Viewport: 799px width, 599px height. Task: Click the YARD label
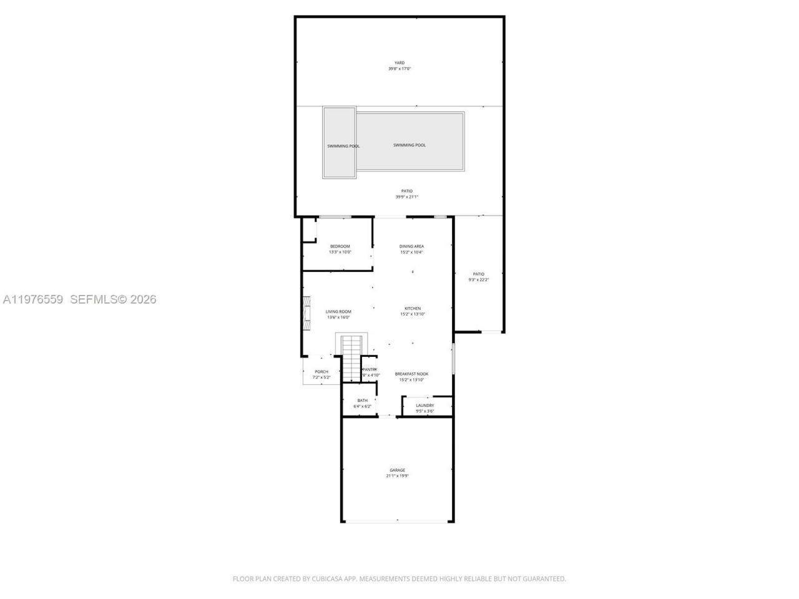[x=399, y=62]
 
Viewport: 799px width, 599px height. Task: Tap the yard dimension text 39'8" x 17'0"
[x=399, y=69]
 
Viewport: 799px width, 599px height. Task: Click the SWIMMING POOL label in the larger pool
[x=409, y=145]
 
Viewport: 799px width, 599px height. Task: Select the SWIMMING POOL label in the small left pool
[x=343, y=146]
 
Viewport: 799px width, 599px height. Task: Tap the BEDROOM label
[x=340, y=246]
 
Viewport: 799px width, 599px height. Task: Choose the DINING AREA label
[x=411, y=246]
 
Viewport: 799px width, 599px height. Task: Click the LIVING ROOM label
[x=339, y=311]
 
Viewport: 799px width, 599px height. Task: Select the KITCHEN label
[x=413, y=308]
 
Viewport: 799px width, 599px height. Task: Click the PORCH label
[x=321, y=372]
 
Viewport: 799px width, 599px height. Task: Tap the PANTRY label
[x=370, y=369]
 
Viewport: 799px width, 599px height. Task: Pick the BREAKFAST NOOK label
[x=411, y=374]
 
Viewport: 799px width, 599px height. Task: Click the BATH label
[x=362, y=401]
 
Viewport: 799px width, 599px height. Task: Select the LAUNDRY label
[x=425, y=406]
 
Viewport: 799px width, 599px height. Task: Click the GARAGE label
[x=397, y=470]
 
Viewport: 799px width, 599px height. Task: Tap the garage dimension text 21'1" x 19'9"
[x=397, y=476]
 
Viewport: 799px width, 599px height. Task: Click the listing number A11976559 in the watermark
[x=33, y=299]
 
